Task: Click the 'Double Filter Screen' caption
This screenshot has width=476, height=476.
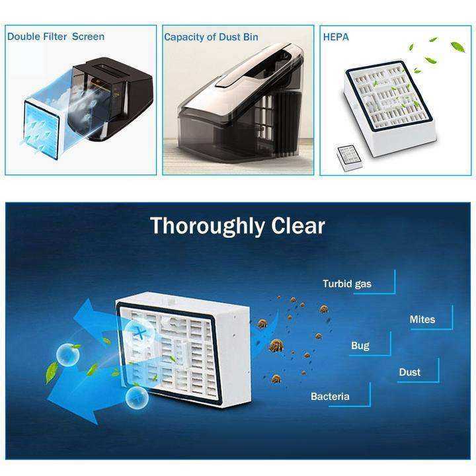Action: point(56,37)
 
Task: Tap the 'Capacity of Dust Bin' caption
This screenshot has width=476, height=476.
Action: point(211,37)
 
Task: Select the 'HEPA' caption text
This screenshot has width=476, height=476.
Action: point(336,37)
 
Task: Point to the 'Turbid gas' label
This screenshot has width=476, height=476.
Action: point(347,284)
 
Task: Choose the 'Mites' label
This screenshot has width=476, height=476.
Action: point(422,319)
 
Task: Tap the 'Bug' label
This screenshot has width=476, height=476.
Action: point(360,346)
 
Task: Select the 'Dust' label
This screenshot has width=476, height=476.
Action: point(409,372)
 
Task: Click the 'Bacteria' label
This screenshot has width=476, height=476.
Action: point(330,397)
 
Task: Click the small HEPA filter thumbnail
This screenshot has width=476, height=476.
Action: point(349,154)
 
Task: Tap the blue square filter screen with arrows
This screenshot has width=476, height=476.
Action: point(42,129)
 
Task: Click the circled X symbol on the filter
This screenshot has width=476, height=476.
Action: point(140,333)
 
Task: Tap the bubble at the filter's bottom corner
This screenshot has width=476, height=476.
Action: point(137,398)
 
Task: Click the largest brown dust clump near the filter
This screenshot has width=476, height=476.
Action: point(276,345)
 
